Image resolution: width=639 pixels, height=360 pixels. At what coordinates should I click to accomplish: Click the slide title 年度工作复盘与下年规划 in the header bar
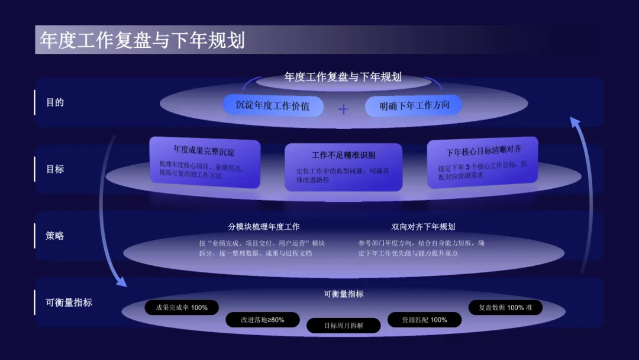(x=142, y=40)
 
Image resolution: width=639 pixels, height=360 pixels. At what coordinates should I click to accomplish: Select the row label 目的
(x=55, y=102)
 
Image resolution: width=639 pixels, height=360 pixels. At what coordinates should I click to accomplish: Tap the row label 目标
(x=55, y=169)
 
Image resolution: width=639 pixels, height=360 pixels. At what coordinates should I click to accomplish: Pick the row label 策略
(x=55, y=236)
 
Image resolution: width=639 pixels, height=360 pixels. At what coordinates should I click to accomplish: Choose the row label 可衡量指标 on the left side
(x=69, y=303)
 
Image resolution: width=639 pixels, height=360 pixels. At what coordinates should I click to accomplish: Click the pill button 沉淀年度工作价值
(x=274, y=105)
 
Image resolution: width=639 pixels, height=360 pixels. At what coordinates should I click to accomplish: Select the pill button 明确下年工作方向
(x=413, y=105)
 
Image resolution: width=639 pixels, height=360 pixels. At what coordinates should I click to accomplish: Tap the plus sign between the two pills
(x=344, y=109)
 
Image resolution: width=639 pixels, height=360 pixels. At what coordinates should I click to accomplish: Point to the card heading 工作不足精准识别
(x=343, y=155)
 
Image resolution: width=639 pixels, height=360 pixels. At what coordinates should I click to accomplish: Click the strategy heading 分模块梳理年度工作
(x=264, y=227)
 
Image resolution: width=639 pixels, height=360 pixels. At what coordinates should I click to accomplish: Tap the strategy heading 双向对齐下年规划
(x=423, y=227)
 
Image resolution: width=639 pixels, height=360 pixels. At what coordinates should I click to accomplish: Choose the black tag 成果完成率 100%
(x=182, y=308)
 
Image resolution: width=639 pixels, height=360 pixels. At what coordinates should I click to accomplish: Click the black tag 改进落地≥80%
(x=262, y=320)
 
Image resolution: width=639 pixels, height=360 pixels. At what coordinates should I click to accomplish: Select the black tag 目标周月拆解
(x=343, y=326)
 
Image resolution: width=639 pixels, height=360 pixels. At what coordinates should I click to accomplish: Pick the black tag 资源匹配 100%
(x=424, y=320)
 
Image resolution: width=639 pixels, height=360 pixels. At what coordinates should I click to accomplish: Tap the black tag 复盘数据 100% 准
(x=505, y=308)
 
